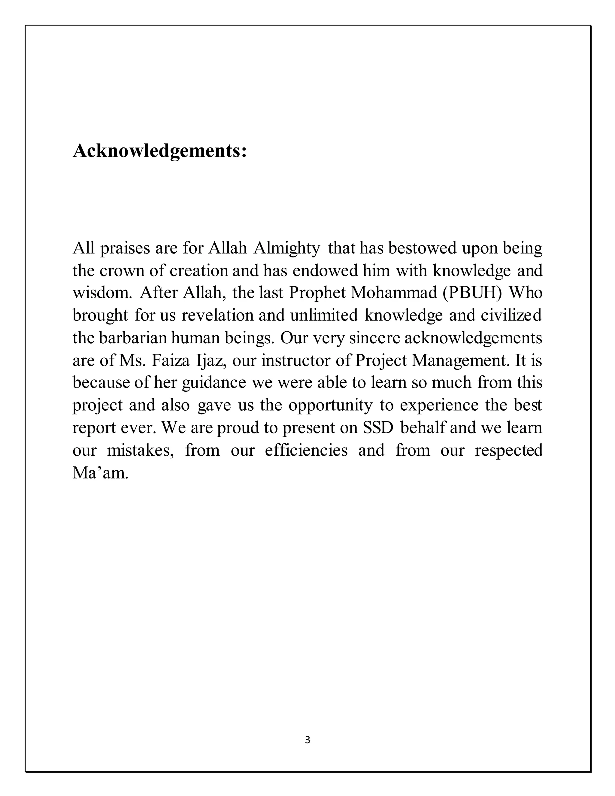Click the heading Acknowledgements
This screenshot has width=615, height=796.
click(159, 151)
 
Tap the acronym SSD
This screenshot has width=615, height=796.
click(378, 428)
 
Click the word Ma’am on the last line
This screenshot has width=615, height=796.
click(100, 473)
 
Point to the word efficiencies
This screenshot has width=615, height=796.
click(306, 451)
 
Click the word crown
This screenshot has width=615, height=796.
click(121, 271)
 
